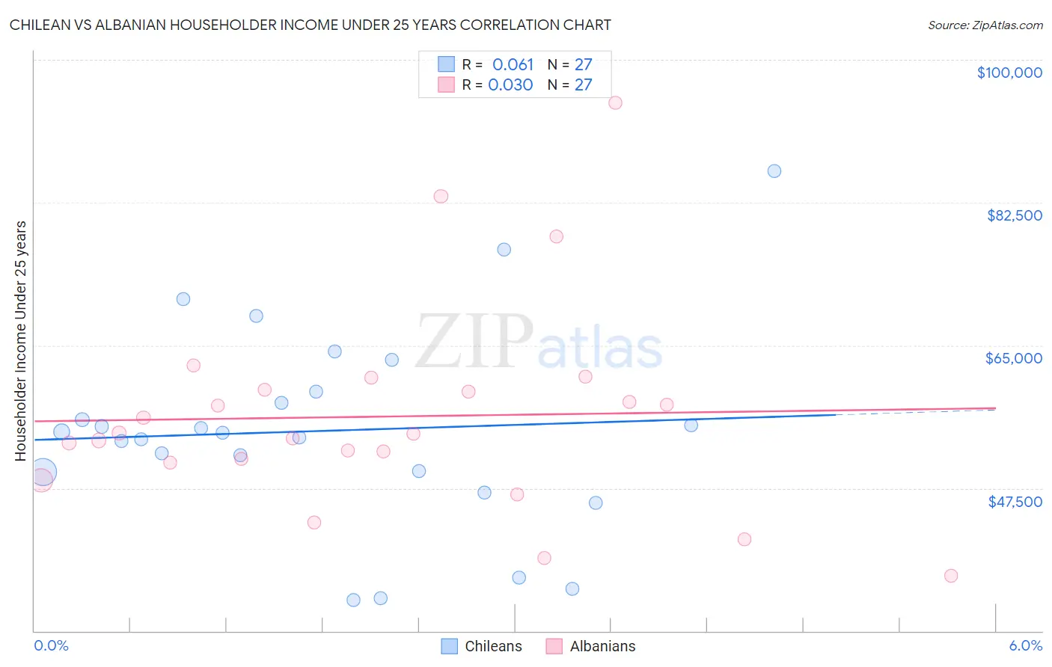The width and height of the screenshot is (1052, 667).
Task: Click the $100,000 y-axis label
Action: [x=1009, y=73]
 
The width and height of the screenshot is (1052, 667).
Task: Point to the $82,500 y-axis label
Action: [x=1014, y=215]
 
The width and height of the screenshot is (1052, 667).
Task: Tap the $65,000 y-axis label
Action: [x=1014, y=358]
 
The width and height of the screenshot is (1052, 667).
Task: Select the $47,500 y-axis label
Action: [x=1015, y=502]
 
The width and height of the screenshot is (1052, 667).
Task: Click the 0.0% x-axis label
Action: [x=51, y=645]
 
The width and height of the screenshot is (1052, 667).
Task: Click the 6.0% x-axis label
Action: [x=1025, y=645]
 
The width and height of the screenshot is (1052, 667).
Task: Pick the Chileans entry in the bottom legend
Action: [x=481, y=646]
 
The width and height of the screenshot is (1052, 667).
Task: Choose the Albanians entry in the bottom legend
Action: [x=590, y=646]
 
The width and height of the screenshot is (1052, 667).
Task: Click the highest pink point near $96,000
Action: [x=615, y=102]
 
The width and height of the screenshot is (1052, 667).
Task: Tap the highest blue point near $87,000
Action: [x=774, y=171]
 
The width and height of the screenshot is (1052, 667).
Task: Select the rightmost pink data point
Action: [x=951, y=576]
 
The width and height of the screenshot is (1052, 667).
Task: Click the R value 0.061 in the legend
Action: [x=513, y=65]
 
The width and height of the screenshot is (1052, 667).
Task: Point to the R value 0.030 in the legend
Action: [x=510, y=85]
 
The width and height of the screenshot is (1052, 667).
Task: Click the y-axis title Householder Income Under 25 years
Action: [x=21, y=340]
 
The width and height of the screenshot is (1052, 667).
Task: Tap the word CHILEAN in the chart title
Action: [x=43, y=25]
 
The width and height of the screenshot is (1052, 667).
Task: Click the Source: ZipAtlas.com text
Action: [x=985, y=25]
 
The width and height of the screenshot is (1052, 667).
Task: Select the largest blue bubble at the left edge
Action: [x=43, y=472]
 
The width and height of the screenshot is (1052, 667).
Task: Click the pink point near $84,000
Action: [x=441, y=196]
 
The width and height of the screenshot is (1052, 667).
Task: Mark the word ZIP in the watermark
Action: [x=474, y=342]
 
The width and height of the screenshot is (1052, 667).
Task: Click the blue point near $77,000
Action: [x=504, y=250]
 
